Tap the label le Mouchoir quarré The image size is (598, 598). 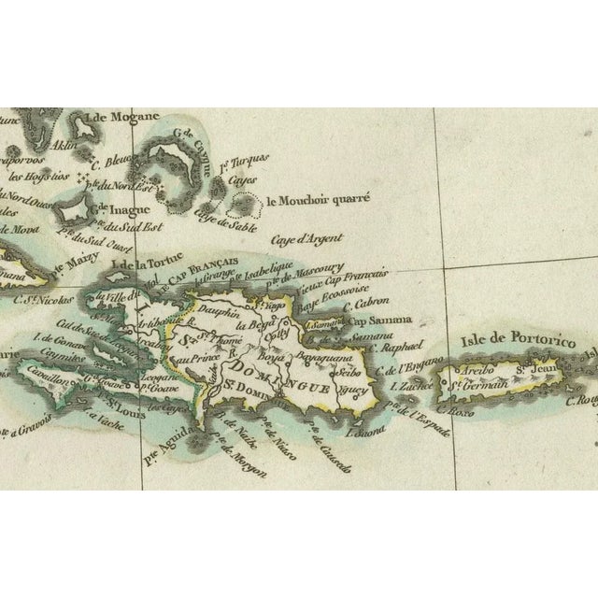(x=318, y=198)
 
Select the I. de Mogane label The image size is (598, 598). (x=117, y=118)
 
